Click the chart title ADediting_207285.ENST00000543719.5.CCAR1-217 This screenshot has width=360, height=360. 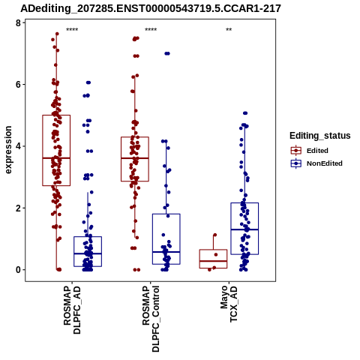[x=151, y=8]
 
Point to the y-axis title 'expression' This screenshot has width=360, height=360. [x=8, y=150]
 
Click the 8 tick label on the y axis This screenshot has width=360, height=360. [x=18, y=23]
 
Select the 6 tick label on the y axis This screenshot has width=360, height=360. [x=18, y=85]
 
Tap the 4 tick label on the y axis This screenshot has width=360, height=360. [x=18, y=146]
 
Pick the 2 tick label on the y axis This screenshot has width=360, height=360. [x=18, y=208]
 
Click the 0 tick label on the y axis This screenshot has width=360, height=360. [x=18, y=270]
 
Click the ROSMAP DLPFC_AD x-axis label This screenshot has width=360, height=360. [x=72, y=310]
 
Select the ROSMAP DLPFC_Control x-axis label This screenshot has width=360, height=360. [x=151, y=319]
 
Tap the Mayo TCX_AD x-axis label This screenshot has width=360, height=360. [x=229, y=304]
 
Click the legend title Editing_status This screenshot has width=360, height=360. [x=320, y=136]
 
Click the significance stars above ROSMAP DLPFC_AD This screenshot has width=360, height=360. [x=72, y=30]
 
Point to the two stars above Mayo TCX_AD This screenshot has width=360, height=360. [x=229, y=30]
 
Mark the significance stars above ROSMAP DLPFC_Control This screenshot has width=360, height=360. [x=151, y=30]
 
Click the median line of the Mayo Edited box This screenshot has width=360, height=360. [x=213, y=261]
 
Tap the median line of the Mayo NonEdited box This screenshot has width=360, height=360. [x=244, y=229]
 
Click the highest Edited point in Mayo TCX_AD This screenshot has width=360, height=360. [x=214, y=235]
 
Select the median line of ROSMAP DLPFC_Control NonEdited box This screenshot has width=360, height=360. [x=166, y=252]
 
